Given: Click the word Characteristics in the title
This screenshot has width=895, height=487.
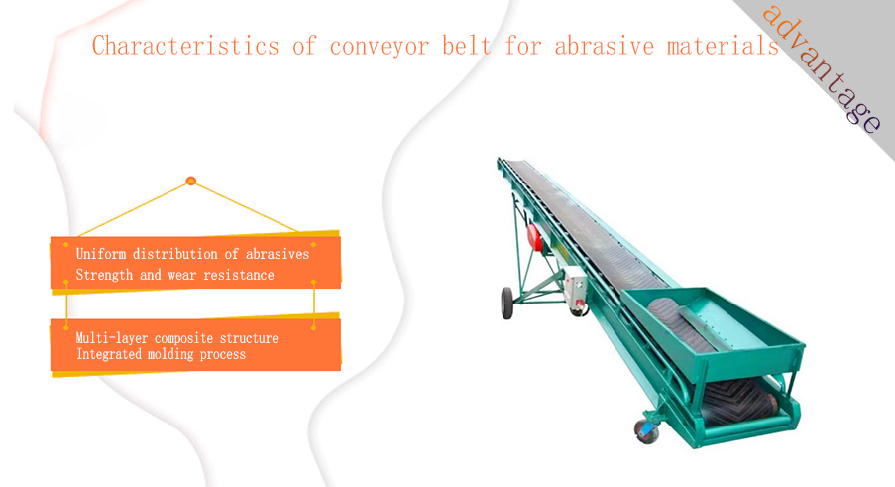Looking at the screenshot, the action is [x=185, y=46].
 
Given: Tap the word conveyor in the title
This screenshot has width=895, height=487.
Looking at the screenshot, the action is [x=380, y=46].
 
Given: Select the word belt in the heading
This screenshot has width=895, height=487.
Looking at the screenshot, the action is [x=467, y=45].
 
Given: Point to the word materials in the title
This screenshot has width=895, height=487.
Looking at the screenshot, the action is [x=723, y=45].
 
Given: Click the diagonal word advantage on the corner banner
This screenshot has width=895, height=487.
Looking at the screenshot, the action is [x=822, y=68].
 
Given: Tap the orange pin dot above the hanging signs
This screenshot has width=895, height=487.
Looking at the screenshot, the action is [x=191, y=181].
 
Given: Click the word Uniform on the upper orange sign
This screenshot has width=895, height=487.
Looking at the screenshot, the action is [x=101, y=254].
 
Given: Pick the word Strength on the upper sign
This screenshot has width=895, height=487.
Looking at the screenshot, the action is [x=104, y=275].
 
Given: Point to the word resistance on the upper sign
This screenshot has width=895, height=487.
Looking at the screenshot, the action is [x=239, y=275].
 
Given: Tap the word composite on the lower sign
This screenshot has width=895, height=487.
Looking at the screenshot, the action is [x=183, y=338].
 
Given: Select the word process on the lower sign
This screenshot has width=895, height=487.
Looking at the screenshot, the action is [x=223, y=354].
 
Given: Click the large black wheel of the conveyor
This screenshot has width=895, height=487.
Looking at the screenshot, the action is [x=506, y=303].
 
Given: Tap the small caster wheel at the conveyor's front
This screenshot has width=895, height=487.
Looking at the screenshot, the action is [x=647, y=431].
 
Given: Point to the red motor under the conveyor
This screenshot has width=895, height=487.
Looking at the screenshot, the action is [x=535, y=237].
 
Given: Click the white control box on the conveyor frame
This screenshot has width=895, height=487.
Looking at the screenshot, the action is [x=575, y=288].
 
